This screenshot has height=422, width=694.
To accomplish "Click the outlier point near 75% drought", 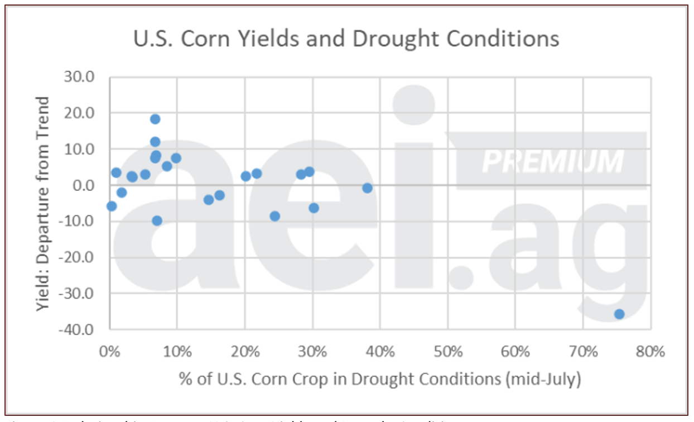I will [x=619, y=314].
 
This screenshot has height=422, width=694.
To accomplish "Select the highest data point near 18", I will [x=155, y=119].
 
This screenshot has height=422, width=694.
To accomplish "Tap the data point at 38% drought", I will [x=367, y=188].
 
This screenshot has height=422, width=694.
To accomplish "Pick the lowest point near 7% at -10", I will [x=157, y=220].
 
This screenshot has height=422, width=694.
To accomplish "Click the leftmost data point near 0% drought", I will [x=112, y=206].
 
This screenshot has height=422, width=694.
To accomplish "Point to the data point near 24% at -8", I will [x=274, y=216].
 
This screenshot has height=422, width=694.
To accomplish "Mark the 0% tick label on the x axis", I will [x=109, y=352].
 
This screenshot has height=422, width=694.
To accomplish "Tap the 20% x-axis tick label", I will [x=244, y=352].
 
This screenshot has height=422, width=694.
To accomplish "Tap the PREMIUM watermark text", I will [x=552, y=161].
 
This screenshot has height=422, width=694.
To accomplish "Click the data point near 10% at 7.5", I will [x=176, y=158].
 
